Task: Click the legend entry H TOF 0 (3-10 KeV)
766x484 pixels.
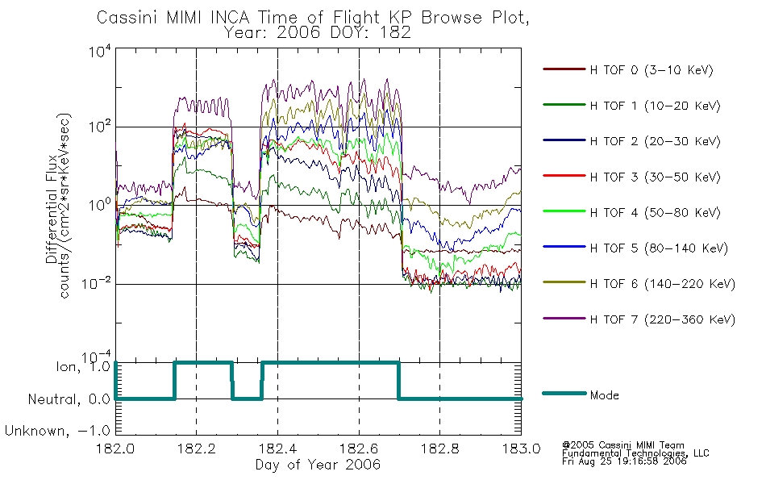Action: (652, 70)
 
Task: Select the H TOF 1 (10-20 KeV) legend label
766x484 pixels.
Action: (655, 106)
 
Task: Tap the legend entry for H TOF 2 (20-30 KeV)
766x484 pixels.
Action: (655, 141)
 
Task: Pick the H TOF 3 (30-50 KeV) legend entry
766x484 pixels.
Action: (655, 177)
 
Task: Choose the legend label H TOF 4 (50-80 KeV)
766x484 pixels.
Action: (655, 213)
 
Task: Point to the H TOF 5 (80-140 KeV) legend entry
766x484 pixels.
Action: (659, 248)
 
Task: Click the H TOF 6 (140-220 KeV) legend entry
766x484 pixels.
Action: (663, 284)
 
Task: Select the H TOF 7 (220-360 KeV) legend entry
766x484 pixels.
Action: (663, 319)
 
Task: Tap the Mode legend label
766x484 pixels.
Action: (604, 395)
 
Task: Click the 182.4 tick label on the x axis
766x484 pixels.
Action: (278, 449)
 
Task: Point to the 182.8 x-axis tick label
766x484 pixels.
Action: (439, 449)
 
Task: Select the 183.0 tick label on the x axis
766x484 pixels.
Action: (521, 449)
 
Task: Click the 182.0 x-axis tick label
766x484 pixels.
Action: (115, 449)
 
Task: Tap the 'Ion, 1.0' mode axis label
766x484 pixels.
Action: (84, 367)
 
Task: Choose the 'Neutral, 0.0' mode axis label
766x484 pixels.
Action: (69, 399)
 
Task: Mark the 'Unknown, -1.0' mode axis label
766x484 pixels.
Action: (57, 431)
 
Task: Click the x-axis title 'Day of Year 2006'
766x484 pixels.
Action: (318, 465)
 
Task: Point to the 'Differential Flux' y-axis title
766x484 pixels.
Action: (52, 210)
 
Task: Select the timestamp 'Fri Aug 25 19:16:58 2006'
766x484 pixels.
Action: (624, 461)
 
